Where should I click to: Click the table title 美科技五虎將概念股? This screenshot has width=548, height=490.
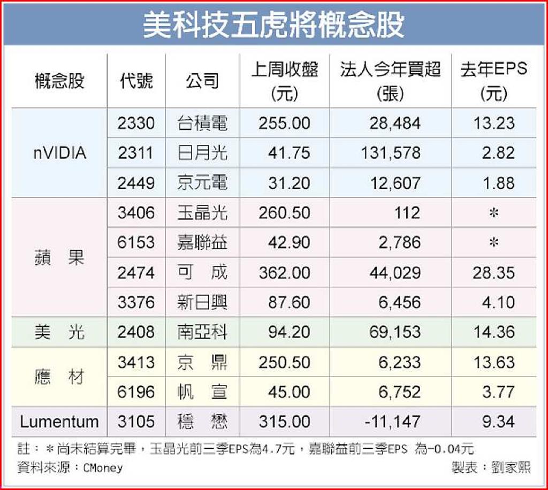(x=273, y=25)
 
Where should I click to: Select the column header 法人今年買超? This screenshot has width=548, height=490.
(x=390, y=70)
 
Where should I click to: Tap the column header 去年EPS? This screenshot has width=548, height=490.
(x=493, y=70)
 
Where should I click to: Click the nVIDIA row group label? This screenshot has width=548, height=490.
(x=59, y=153)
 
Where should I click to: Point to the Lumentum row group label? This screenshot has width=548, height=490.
(x=59, y=422)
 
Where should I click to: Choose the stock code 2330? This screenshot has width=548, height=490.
(x=136, y=123)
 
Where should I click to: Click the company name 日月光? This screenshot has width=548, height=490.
(x=202, y=153)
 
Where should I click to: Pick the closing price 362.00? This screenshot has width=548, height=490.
(x=284, y=272)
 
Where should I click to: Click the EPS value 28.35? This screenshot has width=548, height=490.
(x=493, y=272)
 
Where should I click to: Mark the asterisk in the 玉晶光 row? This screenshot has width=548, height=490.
(x=494, y=213)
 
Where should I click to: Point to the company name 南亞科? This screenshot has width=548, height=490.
(x=202, y=332)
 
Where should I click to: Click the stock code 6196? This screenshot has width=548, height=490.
(x=136, y=392)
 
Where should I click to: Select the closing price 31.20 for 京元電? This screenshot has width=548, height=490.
(x=290, y=183)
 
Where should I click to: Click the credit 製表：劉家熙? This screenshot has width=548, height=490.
(x=491, y=468)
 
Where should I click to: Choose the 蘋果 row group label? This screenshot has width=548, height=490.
(x=59, y=257)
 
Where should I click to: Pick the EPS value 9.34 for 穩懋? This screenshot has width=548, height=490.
(x=498, y=422)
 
